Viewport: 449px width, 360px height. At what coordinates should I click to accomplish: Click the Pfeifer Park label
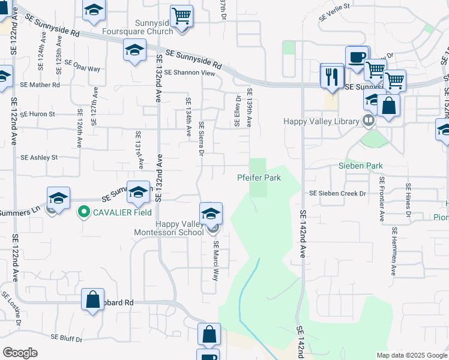[259, 178]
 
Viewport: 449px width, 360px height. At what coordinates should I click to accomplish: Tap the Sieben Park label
[360, 166]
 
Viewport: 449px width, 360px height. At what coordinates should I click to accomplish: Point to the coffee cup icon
[357, 58]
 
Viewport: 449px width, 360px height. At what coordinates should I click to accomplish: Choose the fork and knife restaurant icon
[331, 76]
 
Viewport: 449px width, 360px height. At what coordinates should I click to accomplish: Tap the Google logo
[20, 353]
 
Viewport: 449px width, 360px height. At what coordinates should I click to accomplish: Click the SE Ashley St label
[39, 158]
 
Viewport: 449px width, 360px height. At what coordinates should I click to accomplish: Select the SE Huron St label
[37, 114]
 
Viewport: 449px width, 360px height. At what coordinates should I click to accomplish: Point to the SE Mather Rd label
[40, 85]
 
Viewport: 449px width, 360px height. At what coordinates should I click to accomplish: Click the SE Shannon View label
[189, 73]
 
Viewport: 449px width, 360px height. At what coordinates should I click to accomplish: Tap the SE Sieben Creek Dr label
[337, 194]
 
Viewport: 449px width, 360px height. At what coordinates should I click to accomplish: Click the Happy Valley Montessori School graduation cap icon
[211, 214]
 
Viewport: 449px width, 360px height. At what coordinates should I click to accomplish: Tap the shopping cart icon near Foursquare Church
[181, 16]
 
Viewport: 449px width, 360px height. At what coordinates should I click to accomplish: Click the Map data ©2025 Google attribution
[411, 355]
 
